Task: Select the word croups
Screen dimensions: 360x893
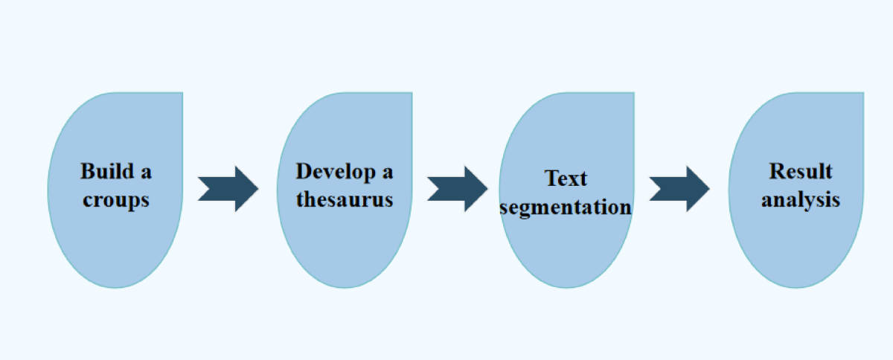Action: coord(115,200)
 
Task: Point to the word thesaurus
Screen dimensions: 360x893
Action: coord(345,200)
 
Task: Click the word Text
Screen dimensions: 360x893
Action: coord(566,179)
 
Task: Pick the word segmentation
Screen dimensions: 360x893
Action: coord(566,207)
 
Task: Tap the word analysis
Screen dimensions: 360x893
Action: coord(801,200)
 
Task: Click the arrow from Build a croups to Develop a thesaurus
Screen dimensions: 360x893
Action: coord(228,189)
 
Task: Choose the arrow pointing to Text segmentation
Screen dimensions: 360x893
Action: coord(457,189)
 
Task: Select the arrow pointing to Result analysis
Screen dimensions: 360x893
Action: coord(679,189)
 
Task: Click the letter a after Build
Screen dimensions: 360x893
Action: coord(146,173)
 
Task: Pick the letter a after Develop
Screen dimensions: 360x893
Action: coord(387,172)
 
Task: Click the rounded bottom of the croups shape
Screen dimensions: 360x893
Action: coord(115,284)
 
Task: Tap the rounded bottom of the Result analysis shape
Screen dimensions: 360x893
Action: coord(796,284)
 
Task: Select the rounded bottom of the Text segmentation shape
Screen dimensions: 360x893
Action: coord(566,284)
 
